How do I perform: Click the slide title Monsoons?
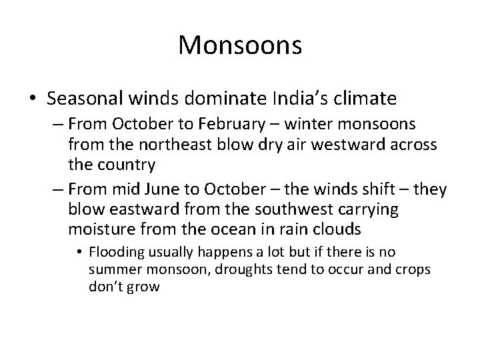pyautogui.click(x=240, y=45)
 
